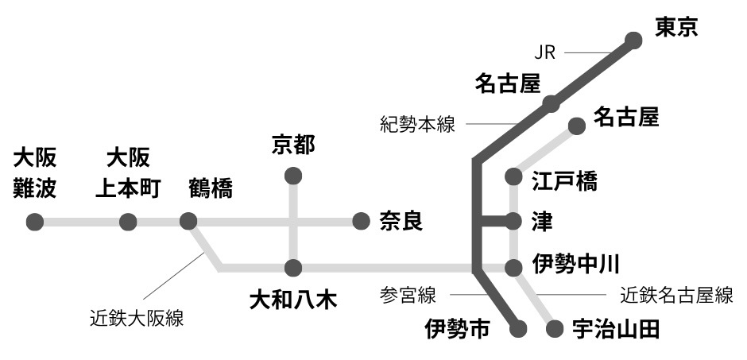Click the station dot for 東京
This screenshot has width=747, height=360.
click(x=633, y=40)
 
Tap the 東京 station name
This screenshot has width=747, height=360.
click(x=675, y=29)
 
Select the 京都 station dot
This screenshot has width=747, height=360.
click(x=293, y=176)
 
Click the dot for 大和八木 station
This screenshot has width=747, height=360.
click(x=293, y=268)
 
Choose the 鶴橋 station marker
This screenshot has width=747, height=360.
click(x=188, y=222)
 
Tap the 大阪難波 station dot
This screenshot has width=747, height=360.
click(x=35, y=222)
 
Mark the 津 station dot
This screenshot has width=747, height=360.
click(x=513, y=221)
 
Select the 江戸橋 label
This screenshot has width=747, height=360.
click(x=564, y=181)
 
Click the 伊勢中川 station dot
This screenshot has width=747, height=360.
click(x=513, y=268)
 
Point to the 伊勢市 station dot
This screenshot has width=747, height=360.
click(x=521, y=327)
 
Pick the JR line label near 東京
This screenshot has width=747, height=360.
click(x=544, y=54)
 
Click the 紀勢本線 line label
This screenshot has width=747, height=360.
click(x=417, y=125)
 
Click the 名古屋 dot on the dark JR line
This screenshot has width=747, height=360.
click(x=550, y=103)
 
